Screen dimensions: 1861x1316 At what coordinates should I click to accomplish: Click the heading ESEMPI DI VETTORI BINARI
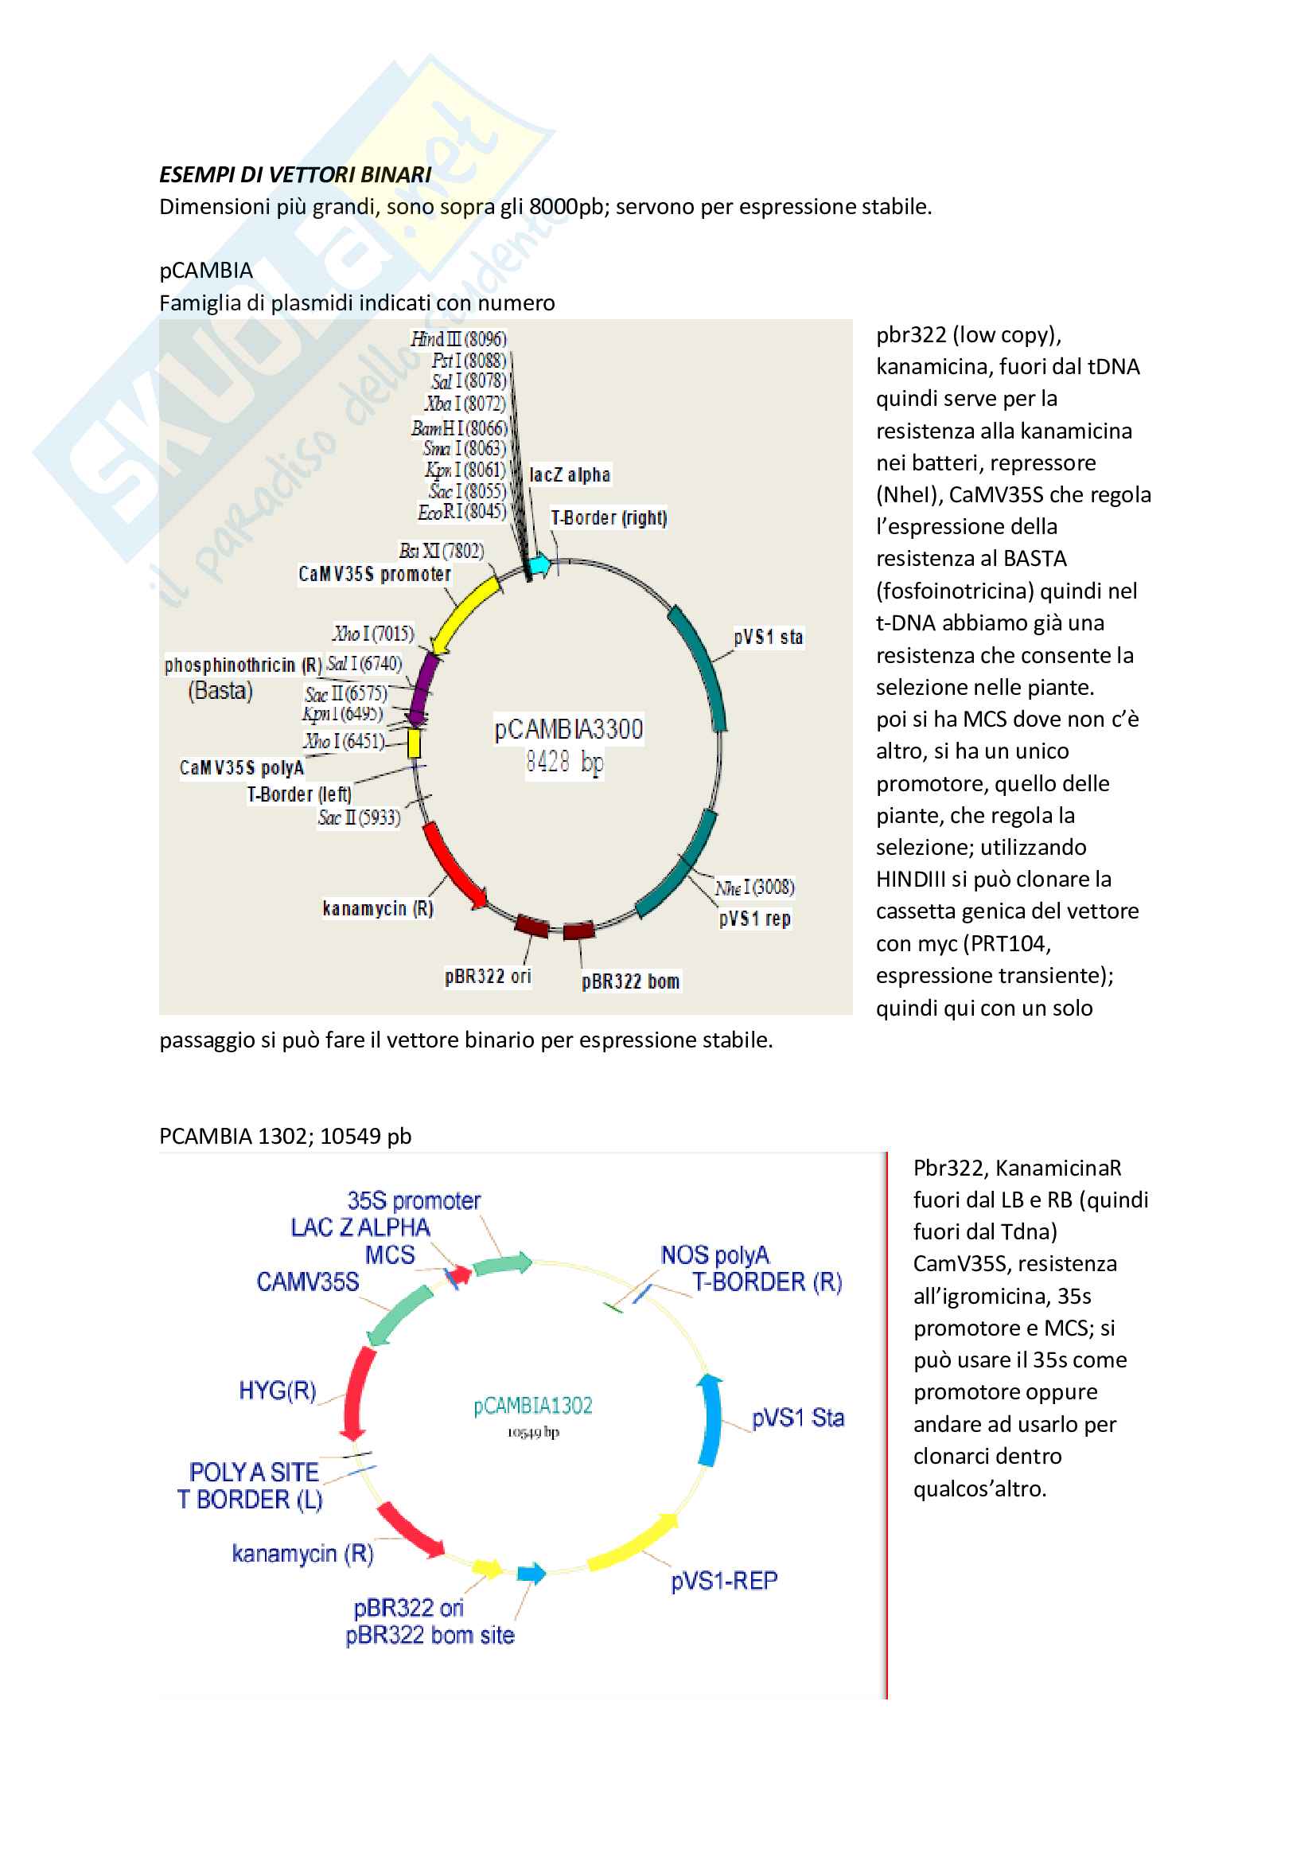click(x=295, y=174)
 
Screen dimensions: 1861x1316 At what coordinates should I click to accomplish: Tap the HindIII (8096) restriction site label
click(x=457, y=339)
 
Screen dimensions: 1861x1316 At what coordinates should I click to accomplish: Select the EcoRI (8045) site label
click(x=461, y=513)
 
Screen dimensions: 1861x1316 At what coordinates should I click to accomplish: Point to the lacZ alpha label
click(x=569, y=474)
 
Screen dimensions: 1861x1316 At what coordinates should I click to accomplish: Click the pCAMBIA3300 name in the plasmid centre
click(x=568, y=729)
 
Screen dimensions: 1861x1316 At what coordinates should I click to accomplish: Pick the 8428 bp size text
click(x=564, y=762)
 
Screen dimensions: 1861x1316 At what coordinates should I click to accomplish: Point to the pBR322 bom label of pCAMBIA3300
click(x=630, y=981)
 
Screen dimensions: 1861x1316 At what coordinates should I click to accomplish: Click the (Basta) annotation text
click(x=220, y=691)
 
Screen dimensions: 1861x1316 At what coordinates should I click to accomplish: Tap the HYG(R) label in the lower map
click(x=277, y=1391)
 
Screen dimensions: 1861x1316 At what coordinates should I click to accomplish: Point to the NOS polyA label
click(x=714, y=1254)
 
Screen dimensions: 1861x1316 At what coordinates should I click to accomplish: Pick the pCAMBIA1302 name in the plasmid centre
click(x=533, y=1406)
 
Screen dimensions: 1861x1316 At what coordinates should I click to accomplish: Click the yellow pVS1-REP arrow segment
click(x=633, y=1542)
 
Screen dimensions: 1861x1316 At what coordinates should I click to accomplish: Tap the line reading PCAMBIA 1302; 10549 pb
click(x=286, y=1136)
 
